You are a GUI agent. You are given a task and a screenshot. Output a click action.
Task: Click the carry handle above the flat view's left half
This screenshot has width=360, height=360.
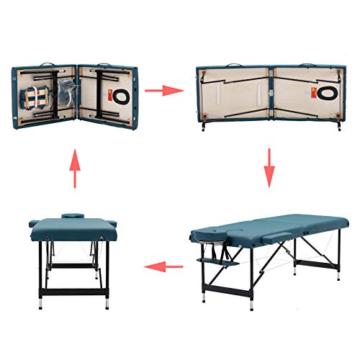[233, 66]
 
